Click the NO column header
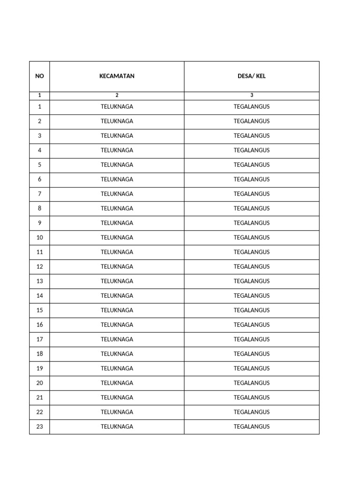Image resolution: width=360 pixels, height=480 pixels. [39, 76]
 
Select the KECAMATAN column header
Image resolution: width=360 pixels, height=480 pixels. [117, 76]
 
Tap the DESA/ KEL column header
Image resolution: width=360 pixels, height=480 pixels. [252, 76]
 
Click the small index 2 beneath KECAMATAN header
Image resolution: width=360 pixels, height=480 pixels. [117, 95]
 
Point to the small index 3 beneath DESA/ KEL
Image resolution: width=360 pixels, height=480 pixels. [252, 95]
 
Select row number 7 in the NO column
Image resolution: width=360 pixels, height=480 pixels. [39, 194]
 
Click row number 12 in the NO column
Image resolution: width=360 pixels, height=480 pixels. [39, 266]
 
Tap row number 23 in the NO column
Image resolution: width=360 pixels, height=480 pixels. [39, 427]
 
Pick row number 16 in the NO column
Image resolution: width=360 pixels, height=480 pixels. [39, 324]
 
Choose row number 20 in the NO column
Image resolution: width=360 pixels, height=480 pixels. [39, 383]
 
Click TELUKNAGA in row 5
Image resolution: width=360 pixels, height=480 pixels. [117, 165]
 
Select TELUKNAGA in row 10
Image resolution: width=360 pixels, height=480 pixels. [117, 237]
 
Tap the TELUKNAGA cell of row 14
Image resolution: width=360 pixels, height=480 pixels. [117, 295]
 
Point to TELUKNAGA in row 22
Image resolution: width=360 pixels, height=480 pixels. [117, 412]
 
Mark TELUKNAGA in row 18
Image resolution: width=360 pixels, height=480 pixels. [117, 354]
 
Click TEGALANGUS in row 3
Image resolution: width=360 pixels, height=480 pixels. [252, 135]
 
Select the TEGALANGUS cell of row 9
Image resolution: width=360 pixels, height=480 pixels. [252, 223]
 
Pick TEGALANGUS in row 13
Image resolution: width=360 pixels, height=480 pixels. [252, 281]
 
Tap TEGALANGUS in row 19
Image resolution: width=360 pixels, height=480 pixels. [252, 368]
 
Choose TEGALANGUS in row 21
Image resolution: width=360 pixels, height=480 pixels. [252, 397]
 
